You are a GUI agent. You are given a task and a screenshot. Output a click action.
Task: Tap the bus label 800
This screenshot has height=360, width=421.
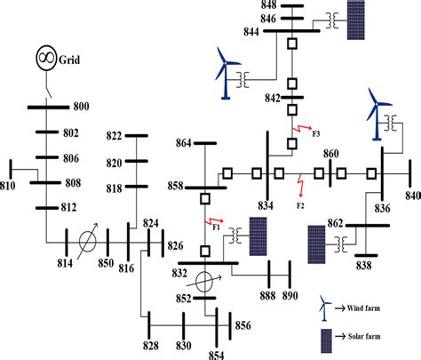[81, 108]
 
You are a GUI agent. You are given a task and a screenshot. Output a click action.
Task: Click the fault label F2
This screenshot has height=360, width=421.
[301, 205]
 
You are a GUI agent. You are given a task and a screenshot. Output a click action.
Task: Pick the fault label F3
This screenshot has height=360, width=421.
[317, 133]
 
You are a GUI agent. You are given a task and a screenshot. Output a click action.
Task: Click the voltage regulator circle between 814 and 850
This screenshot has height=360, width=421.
[86, 241]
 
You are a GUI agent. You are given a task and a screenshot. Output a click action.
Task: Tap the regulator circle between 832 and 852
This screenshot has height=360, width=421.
[204, 281]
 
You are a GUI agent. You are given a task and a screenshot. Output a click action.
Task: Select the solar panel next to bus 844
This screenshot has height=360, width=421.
[356, 17]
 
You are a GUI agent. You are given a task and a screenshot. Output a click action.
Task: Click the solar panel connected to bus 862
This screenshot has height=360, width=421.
[316, 244]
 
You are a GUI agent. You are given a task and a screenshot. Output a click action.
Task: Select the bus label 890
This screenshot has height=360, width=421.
[290, 295]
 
